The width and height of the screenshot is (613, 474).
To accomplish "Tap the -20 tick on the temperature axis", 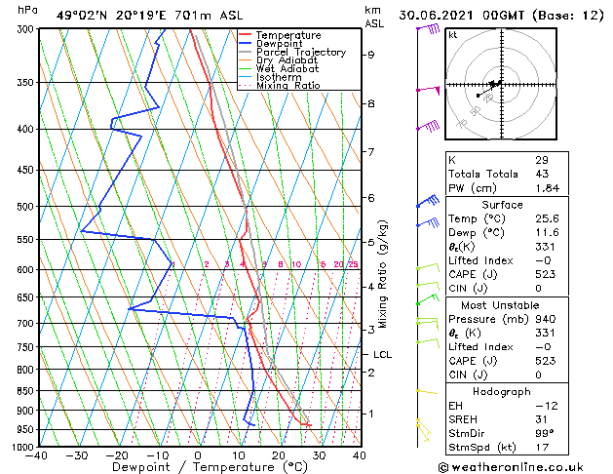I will (x=117, y=454).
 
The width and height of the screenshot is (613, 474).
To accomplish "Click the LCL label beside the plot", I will (x=382, y=355).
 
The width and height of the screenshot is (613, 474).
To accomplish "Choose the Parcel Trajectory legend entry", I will (x=300, y=52).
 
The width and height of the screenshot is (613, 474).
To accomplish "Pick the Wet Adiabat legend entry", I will (x=287, y=68).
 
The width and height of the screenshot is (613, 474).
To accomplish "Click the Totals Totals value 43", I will (x=541, y=174).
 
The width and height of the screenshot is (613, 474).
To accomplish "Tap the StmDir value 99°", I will (x=544, y=432).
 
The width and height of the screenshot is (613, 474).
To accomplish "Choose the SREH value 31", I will (x=541, y=418).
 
